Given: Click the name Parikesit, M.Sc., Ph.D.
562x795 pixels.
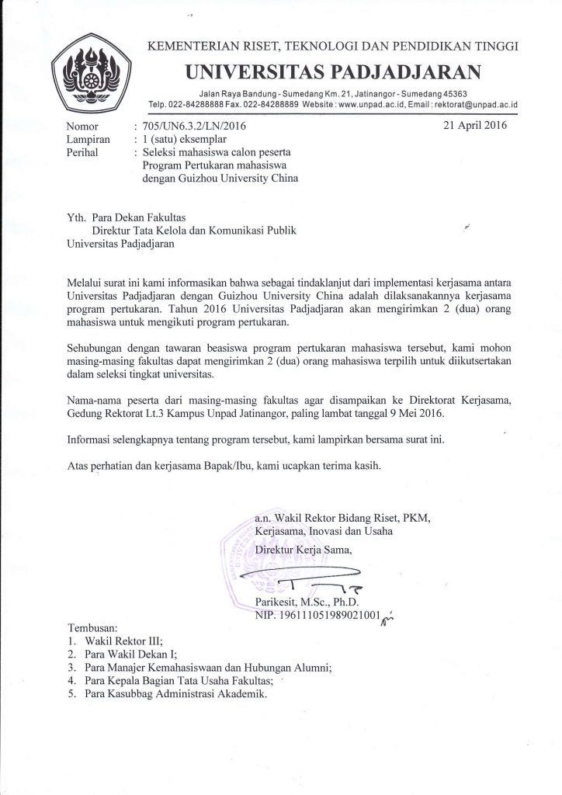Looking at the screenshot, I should pos(307,602).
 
